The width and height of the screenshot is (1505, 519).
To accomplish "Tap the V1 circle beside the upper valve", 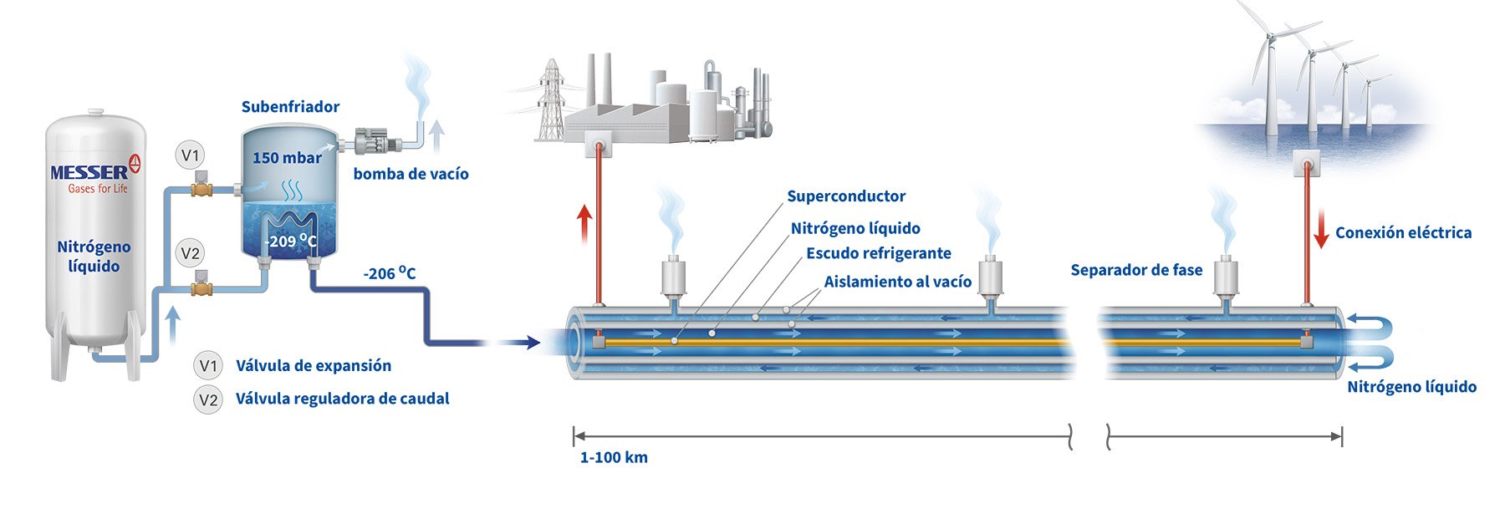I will coord(191,155).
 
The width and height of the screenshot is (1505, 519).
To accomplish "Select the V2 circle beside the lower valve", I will coord(191,253).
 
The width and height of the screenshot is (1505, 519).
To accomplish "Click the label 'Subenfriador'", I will coord(290,107).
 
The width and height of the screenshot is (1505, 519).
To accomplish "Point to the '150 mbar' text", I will coord(287,158).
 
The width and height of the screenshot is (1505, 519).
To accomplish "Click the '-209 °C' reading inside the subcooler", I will coord(290,242).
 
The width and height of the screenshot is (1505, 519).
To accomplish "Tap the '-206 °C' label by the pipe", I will coord(389,273).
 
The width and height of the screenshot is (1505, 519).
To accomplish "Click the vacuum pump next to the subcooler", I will coord(369,140).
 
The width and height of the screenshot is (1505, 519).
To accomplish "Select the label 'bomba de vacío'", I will coord(411,174).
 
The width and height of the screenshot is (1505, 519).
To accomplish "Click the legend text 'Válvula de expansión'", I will coord(314,365).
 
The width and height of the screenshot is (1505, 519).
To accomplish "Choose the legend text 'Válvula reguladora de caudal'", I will coord(342,399).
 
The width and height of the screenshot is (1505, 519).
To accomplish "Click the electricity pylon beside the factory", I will coord(550,100).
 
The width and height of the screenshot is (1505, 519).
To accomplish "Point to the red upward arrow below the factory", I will coord(584,222).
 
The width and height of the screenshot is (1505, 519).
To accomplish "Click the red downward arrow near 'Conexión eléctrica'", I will coord(1321,229).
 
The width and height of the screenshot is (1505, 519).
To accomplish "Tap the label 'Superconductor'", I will coord(846,196).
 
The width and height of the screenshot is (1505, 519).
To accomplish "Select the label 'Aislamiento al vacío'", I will coord(897,282).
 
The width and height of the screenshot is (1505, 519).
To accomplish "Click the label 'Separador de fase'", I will coord(1136,270).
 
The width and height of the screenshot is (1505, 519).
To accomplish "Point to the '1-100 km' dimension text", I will coord(614,457).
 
